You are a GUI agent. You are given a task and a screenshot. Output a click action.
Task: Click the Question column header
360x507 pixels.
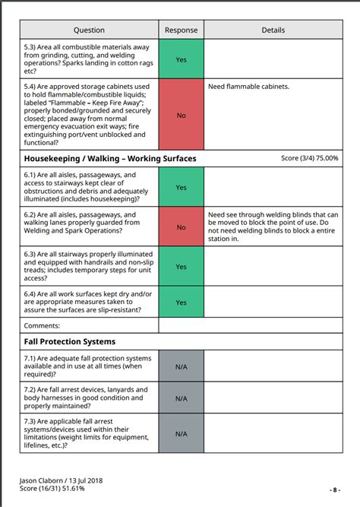[x=90, y=30]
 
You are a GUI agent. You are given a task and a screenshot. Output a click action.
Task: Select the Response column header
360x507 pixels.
[x=181, y=30]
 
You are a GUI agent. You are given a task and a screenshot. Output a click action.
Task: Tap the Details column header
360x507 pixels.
[x=273, y=30]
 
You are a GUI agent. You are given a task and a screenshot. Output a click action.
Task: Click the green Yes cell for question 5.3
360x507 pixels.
[x=181, y=59]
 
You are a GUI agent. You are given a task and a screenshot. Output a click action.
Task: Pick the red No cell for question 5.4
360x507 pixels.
[x=181, y=115]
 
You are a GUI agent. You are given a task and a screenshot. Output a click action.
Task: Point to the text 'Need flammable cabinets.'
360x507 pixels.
[x=248, y=87]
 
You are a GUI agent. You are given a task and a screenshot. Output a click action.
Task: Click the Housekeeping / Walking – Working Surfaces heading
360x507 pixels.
[x=111, y=159]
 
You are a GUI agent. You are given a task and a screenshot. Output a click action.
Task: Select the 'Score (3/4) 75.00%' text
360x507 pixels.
[x=309, y=159]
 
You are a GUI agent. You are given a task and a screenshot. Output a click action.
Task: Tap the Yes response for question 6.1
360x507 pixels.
[x=181, y=187]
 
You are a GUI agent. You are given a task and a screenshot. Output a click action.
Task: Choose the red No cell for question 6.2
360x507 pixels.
[x=181, y=227]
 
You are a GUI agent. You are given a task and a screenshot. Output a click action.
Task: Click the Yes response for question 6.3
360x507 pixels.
[x=181, y=267]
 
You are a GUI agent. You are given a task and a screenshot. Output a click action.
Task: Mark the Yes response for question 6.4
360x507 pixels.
[x=181, y=303]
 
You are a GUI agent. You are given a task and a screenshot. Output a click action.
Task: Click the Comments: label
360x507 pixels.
[x=43, y=325]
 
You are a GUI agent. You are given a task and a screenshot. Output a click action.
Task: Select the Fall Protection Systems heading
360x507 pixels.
[x=70, y=342]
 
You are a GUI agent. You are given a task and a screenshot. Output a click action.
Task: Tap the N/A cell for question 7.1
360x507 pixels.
[x=181, y=366]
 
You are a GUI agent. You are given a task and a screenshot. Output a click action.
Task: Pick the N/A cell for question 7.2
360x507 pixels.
[x=181, y=398]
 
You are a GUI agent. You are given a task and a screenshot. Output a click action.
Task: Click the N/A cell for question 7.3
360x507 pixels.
[x=181, y=433]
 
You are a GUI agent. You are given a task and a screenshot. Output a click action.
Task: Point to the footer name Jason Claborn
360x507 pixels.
[x=43, y=481]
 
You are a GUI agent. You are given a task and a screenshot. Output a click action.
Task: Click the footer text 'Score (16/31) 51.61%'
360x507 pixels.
[x=52, y=489]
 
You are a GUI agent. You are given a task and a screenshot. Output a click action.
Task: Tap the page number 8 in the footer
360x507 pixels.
[x=335, y=490]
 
